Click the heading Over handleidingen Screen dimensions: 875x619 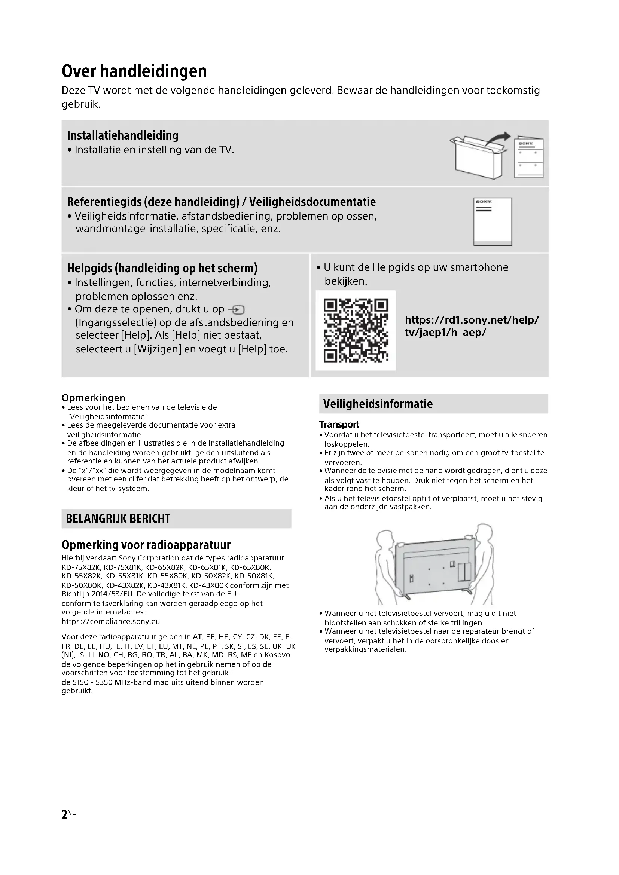tap(134, 71)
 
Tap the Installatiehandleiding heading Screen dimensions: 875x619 tap(123, 135)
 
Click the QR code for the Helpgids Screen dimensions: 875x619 tap(356, 330)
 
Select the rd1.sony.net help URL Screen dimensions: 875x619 tap(472, 326)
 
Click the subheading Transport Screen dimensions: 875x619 tap(339, 425)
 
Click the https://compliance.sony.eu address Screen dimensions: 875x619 tap(110, 622)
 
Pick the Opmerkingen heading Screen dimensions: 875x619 tap(94, 398)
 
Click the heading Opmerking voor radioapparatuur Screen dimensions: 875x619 tap(146, 545)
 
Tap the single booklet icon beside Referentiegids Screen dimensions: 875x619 tap(493, 221)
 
